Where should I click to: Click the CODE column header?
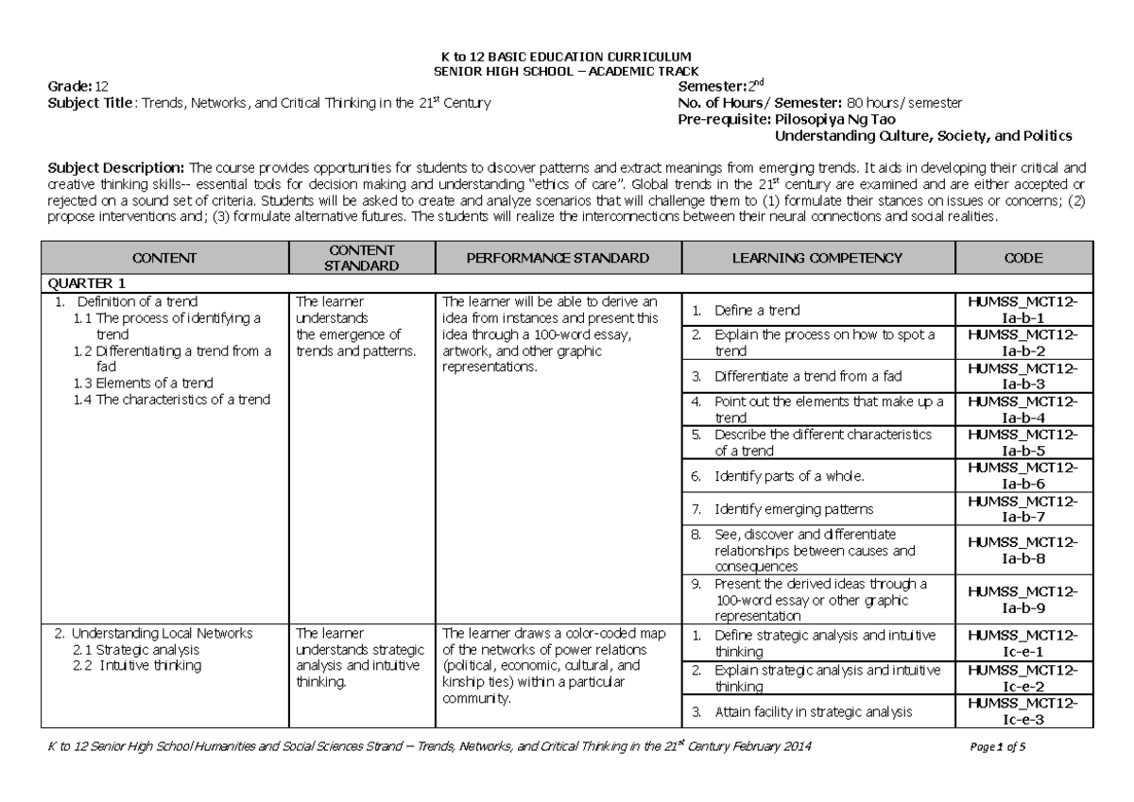tap(1024, 258)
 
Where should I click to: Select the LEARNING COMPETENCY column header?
tap(817, 258)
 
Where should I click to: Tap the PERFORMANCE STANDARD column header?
tap(557, 258)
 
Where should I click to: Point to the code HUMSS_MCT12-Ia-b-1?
tap(1024, 309)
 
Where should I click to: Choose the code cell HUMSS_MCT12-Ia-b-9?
tap(1024, 599)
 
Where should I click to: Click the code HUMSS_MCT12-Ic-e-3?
tap(1024, 712)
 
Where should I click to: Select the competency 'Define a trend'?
tap(757, 310)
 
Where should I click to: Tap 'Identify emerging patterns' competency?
tap(794, 509)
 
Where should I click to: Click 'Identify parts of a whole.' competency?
tap(789, 475)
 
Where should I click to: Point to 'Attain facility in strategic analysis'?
tap(813, 712)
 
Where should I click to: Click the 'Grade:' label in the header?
tap(71, 87)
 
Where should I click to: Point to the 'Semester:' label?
tap(709, 87)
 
